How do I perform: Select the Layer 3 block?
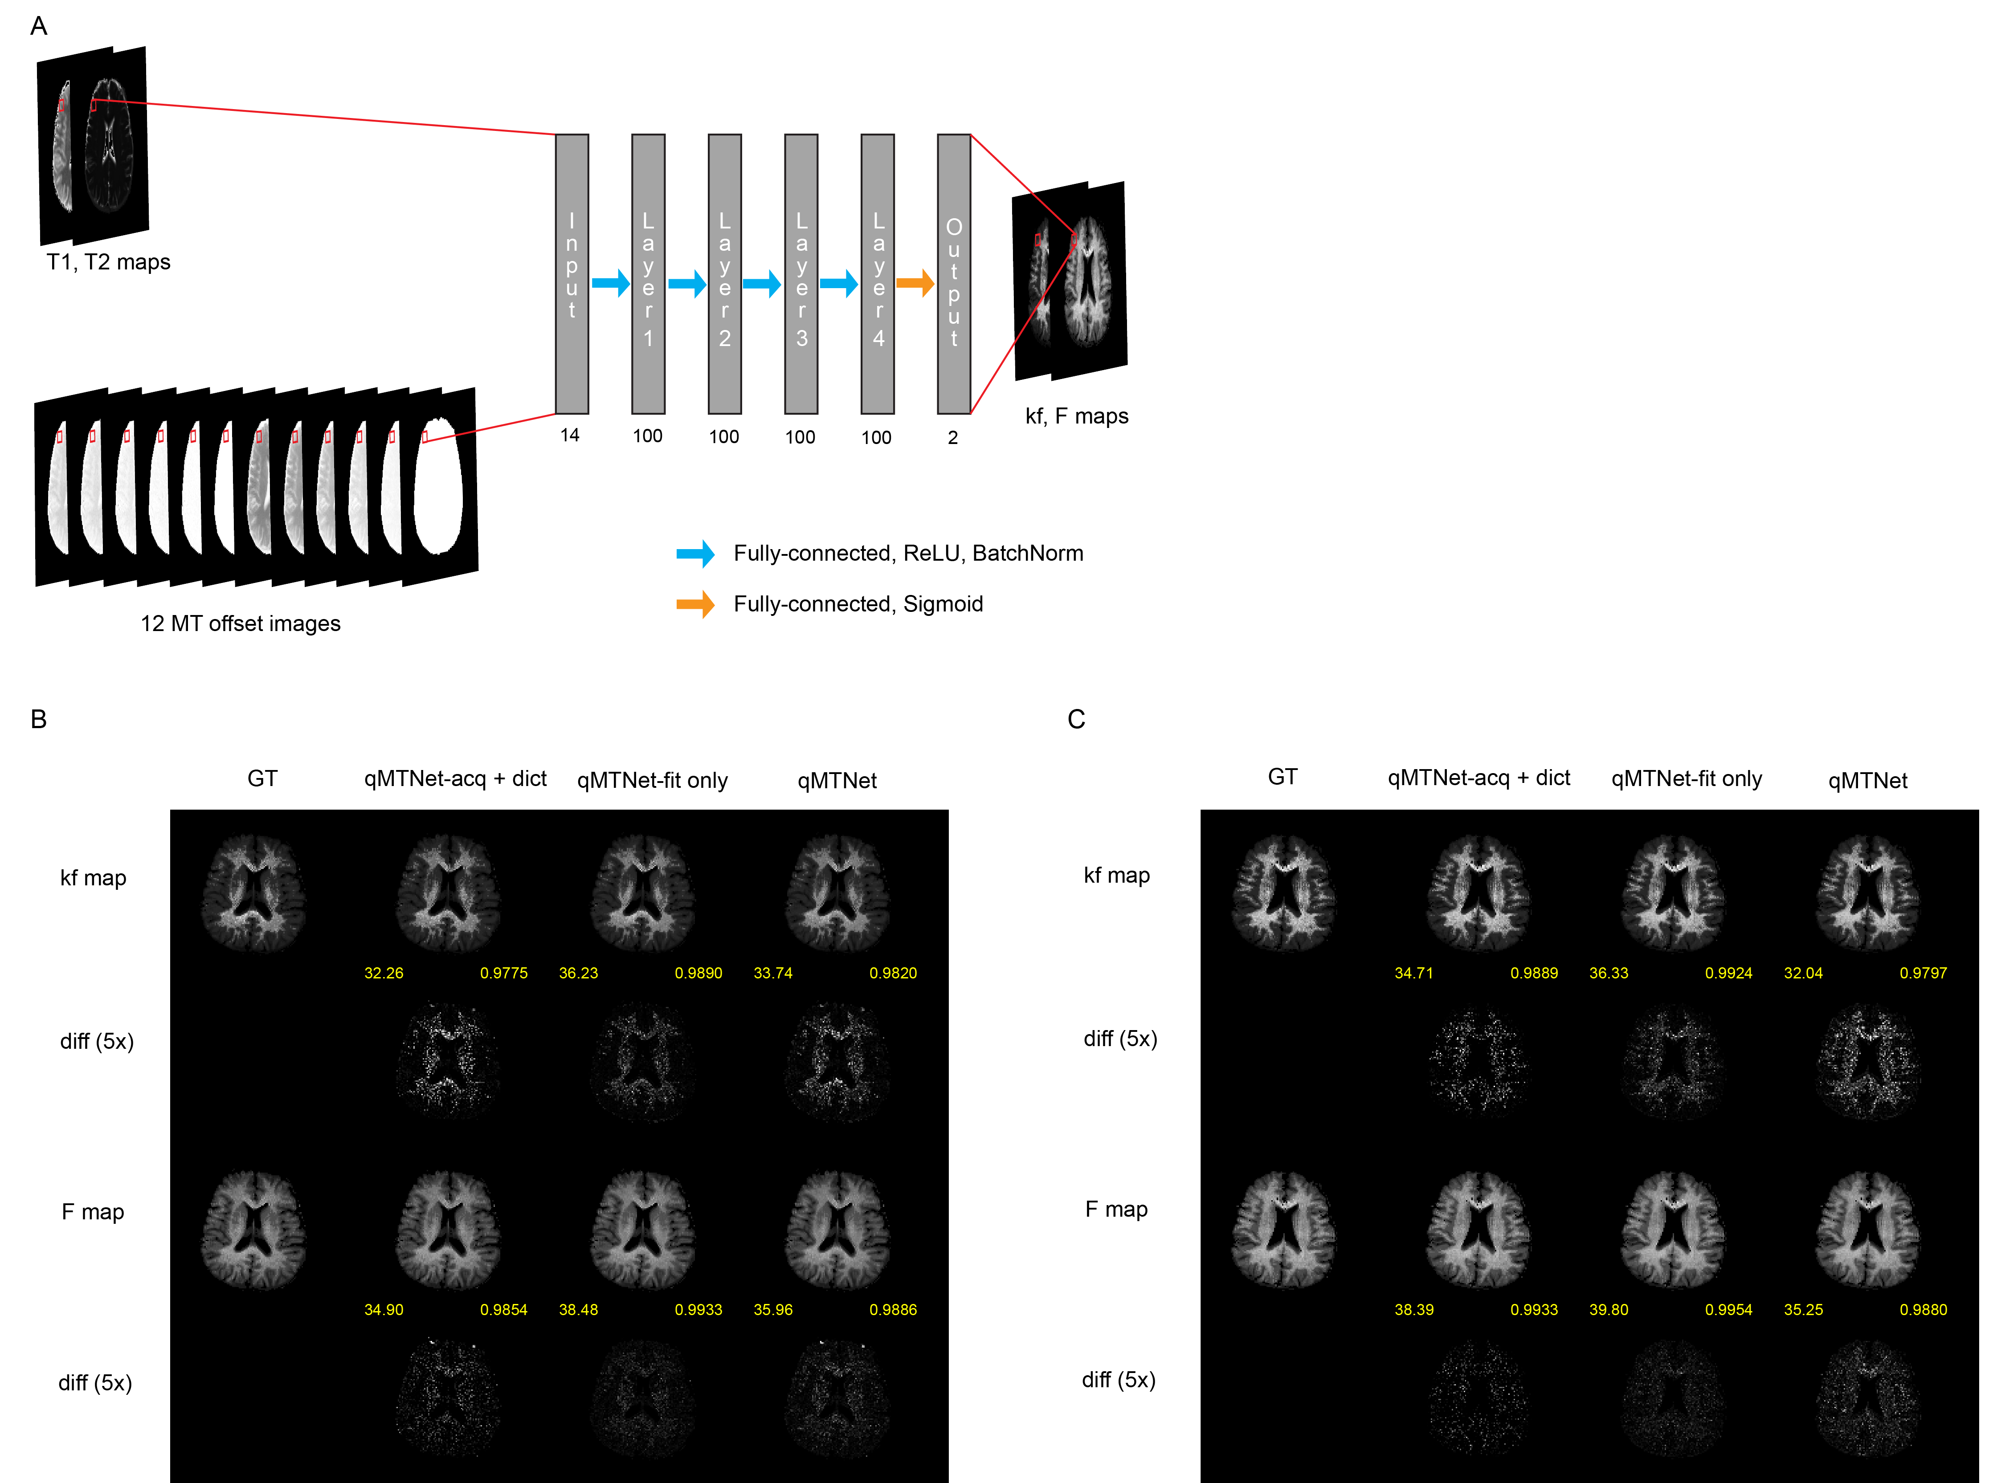click(x=801, y=274)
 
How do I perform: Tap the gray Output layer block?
click(x=953, y=274)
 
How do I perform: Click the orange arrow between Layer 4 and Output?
click(x=915, y=284)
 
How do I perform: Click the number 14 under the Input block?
click(x=570, y=436)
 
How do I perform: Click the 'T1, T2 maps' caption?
click(x=109, y=262)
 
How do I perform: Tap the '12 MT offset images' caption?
click(x=241, y=624)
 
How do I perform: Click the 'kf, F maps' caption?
click(x=1076, y=416)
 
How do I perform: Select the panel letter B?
click(x=39, y=719)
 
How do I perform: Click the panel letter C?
click(x=1076, y=719)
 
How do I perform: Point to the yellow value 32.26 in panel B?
click(x=384, y=973)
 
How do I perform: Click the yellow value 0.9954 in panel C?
click(x=1728, y=1310)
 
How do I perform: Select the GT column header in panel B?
click(x=262, y=778)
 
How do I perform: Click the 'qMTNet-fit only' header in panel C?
click(x=1686, y=779)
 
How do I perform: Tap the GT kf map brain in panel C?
click(x=1283, y=893)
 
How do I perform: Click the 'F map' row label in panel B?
click(x=93, y=1212)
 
